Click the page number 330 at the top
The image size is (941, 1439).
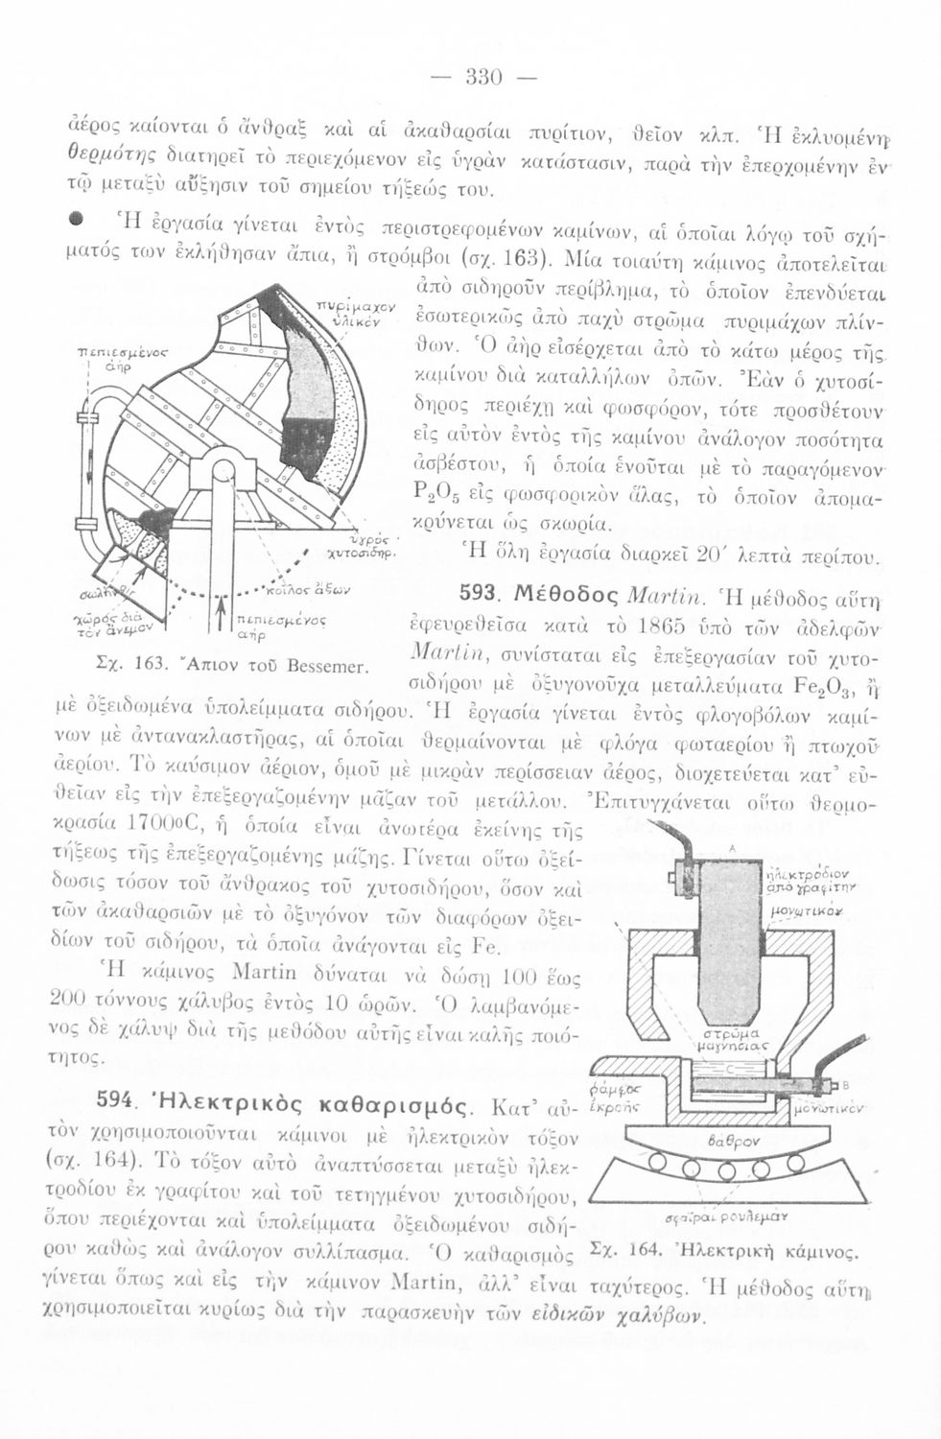478,78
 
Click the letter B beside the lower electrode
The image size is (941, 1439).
848,1084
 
